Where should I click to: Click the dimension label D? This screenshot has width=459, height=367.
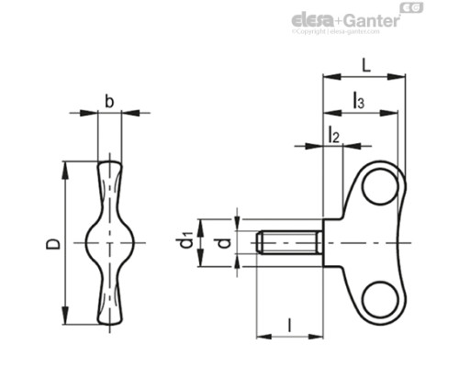click(x=54, y=243)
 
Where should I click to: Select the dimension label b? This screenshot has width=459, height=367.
click(x=109, y=102)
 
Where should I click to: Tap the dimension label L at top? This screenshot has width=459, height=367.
click(x=365, y=66)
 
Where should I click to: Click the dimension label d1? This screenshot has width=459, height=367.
click(x=186, y=243)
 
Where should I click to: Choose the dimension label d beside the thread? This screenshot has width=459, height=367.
click(x=220, y=243)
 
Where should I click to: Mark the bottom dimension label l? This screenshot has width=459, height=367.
click(x=289, y=323)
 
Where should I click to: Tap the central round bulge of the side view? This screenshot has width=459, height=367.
click(x=110, y=243)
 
